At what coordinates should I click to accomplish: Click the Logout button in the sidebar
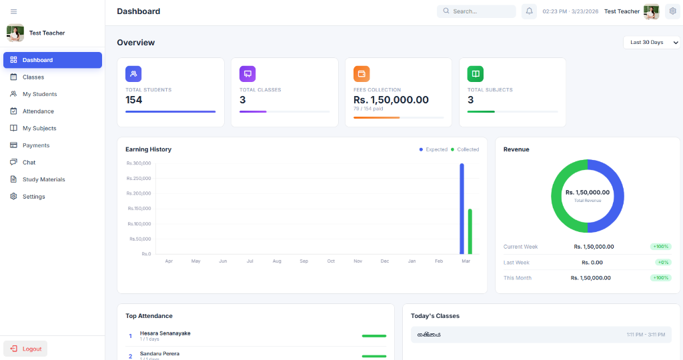coord(25,349)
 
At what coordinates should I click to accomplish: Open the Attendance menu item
coord(38,111)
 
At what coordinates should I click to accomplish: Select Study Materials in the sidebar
coord(43,179)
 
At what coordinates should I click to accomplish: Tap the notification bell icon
coord(529,11)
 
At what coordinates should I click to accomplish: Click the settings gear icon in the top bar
coord(672,11)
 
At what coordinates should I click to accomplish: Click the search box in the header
coord(476,11)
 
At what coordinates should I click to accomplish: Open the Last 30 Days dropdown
coord(652,43)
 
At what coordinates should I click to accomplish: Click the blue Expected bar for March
coord(462,209)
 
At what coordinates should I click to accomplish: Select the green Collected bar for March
coord(470,231)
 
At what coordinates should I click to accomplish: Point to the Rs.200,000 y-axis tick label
coord(139,193)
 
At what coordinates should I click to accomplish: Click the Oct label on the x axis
coord(331,261)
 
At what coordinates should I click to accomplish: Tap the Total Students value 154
coord(134,100)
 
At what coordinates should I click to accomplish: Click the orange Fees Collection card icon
coord(362,74)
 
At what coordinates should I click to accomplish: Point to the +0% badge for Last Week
coord(660,262)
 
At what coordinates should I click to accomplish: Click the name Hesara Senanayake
coord(165,333)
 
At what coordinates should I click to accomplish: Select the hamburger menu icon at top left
coord(14,12)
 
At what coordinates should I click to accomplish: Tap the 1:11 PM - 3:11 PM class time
coord(645,335)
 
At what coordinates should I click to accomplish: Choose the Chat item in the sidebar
coord(29,163)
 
